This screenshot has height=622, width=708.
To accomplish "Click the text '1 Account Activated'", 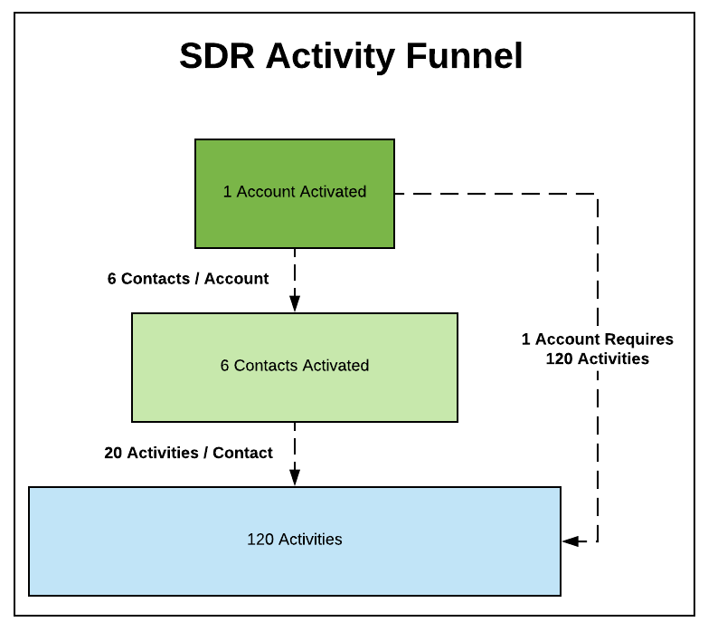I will (x=295, y=192).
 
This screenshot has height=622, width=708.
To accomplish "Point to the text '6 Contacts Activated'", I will (x=295, y=366).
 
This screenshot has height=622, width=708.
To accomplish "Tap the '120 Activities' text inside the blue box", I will (x=295, y=540).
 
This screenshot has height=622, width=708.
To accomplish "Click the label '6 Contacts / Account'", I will (x=188, y=279).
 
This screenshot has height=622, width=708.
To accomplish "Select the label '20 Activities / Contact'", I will (x=188, y=453).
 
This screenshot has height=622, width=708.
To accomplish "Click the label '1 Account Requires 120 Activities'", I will (x=598, y=349).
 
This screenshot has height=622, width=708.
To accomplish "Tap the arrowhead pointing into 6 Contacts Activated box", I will (x=295, y=305).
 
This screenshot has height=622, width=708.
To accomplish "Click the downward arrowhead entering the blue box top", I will (x=295, y=479).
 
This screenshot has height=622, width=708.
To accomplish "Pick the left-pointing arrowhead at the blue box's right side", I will (x=570, y=541).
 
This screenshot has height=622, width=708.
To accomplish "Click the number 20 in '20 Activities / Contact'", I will (x=113, y=453).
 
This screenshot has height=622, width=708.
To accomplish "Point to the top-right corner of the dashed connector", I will (x=598, y=194).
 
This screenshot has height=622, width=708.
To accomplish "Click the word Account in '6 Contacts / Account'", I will (x=236, y=279).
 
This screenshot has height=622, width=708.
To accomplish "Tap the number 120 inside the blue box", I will (x=260, y=540).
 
